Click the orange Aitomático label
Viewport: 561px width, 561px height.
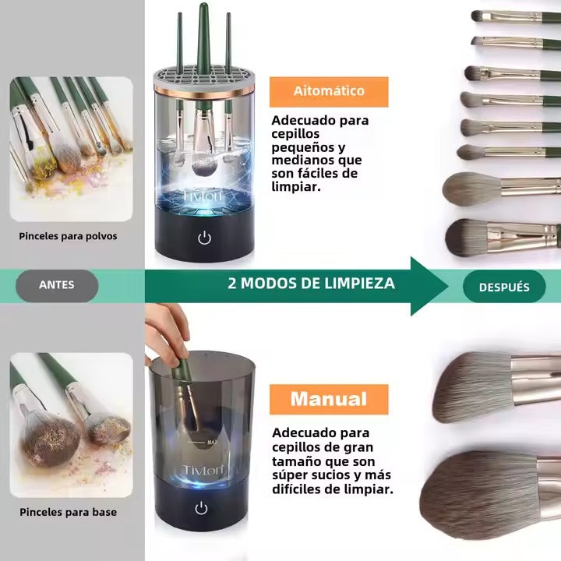pyautogui.click(x=328, y=91)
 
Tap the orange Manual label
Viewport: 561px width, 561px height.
pyautogui.click(x=328, y=399)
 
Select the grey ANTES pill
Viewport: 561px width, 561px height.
pyautogui.click(x=57, y=286)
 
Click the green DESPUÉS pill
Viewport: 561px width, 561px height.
pyautogui.click(x=503, y=287)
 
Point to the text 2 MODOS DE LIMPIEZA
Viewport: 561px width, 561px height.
pyautogui.click(x=311, y=283)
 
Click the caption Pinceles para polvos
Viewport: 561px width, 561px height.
pyautogui.click(x=69, y=235)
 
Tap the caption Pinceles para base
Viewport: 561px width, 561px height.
pyautogui.click(x=69, y=512)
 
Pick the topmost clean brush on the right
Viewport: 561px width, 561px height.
pyautogui.click(x=514, y=16)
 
